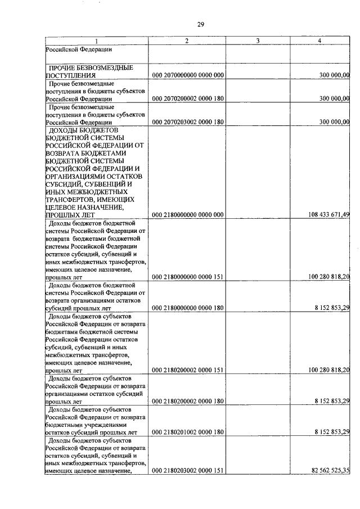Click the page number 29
[200, 24]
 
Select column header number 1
[96, 41]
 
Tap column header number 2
[186, 41]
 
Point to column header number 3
[256, 41]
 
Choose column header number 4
[319, 41]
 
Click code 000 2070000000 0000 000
[188, 75]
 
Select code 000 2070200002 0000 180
[188, 98]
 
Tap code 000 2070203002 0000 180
[188, 122]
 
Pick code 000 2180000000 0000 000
[188, 214]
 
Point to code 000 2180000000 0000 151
[188, 277]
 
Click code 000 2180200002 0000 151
[188, 370]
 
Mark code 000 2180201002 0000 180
[188, 431]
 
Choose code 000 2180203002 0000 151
[188, 471]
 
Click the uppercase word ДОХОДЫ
[65, 130]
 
